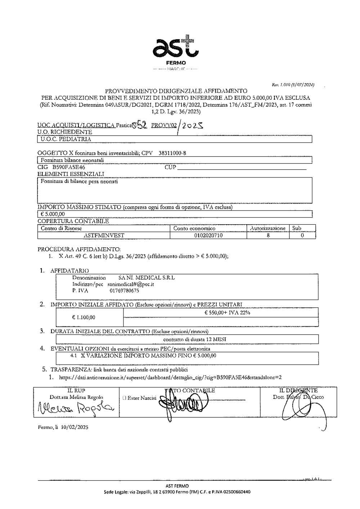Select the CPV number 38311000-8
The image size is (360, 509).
click(172, 153)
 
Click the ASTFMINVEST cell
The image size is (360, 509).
click(104, 235)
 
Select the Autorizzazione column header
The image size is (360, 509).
click(267, 228)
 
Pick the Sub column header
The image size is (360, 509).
click(297, 228)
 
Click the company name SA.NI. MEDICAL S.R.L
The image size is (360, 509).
click(147, 278)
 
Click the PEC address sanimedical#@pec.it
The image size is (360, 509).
click(131, 284)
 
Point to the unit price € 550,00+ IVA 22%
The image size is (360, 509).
click(227, 313)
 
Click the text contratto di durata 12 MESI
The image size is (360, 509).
click(194, 339)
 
